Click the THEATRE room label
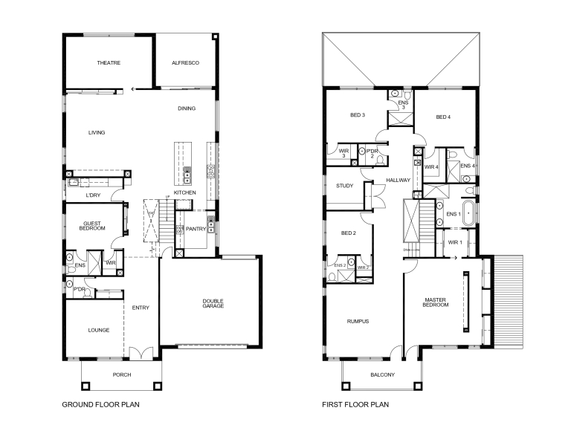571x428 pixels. [x=109, y=63]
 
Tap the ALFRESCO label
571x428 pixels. [x=185, y=63]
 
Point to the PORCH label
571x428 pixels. [x=121, y=374]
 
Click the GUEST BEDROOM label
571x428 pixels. [x=93, y=225]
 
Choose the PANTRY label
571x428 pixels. [x=196, y=229]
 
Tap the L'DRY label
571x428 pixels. [x=93, y=195]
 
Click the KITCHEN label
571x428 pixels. [x=184, y=193]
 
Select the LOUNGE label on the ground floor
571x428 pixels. [x=98, y=330]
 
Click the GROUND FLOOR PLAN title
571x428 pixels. [x=100, y=406]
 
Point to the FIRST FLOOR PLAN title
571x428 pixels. [x=355, y=406]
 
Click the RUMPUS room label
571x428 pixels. [x=358, y=322]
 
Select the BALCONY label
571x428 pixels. [x=382, y=374]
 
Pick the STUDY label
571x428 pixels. [x=344, y=186]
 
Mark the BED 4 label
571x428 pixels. [x=443, y=117]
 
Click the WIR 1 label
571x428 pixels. [x=455, y=242]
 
